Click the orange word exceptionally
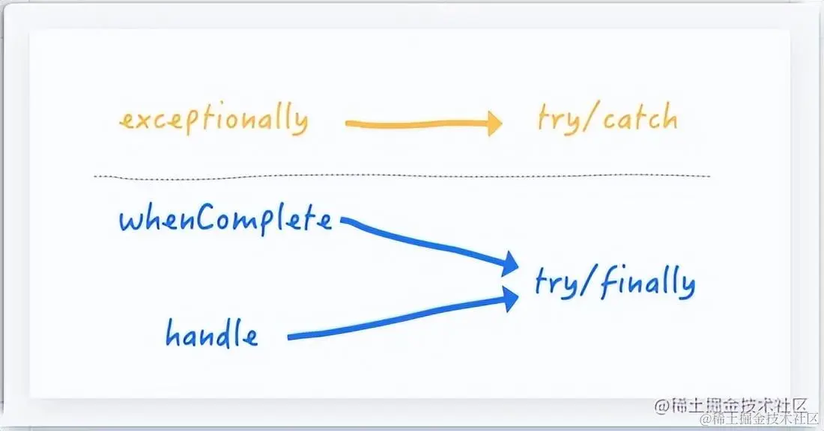(213, 120)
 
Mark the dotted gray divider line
(401, 177)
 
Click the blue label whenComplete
(225, 220)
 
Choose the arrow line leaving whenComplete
(427, 241)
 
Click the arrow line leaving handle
(397, 323)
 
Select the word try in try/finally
(554, 283)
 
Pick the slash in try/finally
(587, 283)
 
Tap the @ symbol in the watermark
(661, 406)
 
